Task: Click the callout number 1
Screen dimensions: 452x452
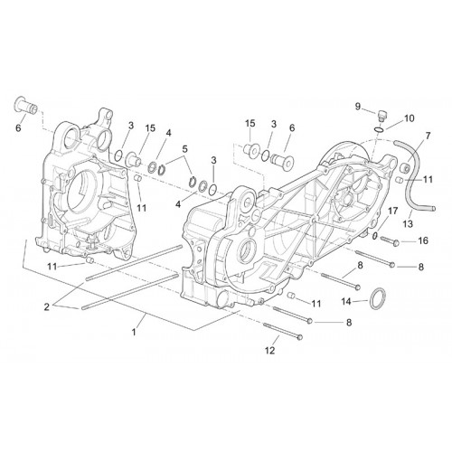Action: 134,332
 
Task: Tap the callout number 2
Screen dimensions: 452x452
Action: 47,307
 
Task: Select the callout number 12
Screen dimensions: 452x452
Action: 270,351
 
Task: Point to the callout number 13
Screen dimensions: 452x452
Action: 409,223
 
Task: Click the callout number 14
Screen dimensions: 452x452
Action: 346,301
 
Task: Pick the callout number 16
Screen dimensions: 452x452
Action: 423,240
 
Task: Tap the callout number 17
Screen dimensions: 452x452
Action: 393,211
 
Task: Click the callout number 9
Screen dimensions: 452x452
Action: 357,107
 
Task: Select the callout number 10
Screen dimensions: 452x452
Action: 410,118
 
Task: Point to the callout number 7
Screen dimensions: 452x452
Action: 428,136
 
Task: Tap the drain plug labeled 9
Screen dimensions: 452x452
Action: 382,116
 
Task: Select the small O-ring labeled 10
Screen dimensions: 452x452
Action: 379,129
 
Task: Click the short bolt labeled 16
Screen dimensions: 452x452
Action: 390,240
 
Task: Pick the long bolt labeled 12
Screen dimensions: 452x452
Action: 283,331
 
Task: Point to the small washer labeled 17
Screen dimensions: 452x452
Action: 374,236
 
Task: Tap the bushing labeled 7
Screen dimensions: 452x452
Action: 404,167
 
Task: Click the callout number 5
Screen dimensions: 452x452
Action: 184,149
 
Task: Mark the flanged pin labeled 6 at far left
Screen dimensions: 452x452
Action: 26,106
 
